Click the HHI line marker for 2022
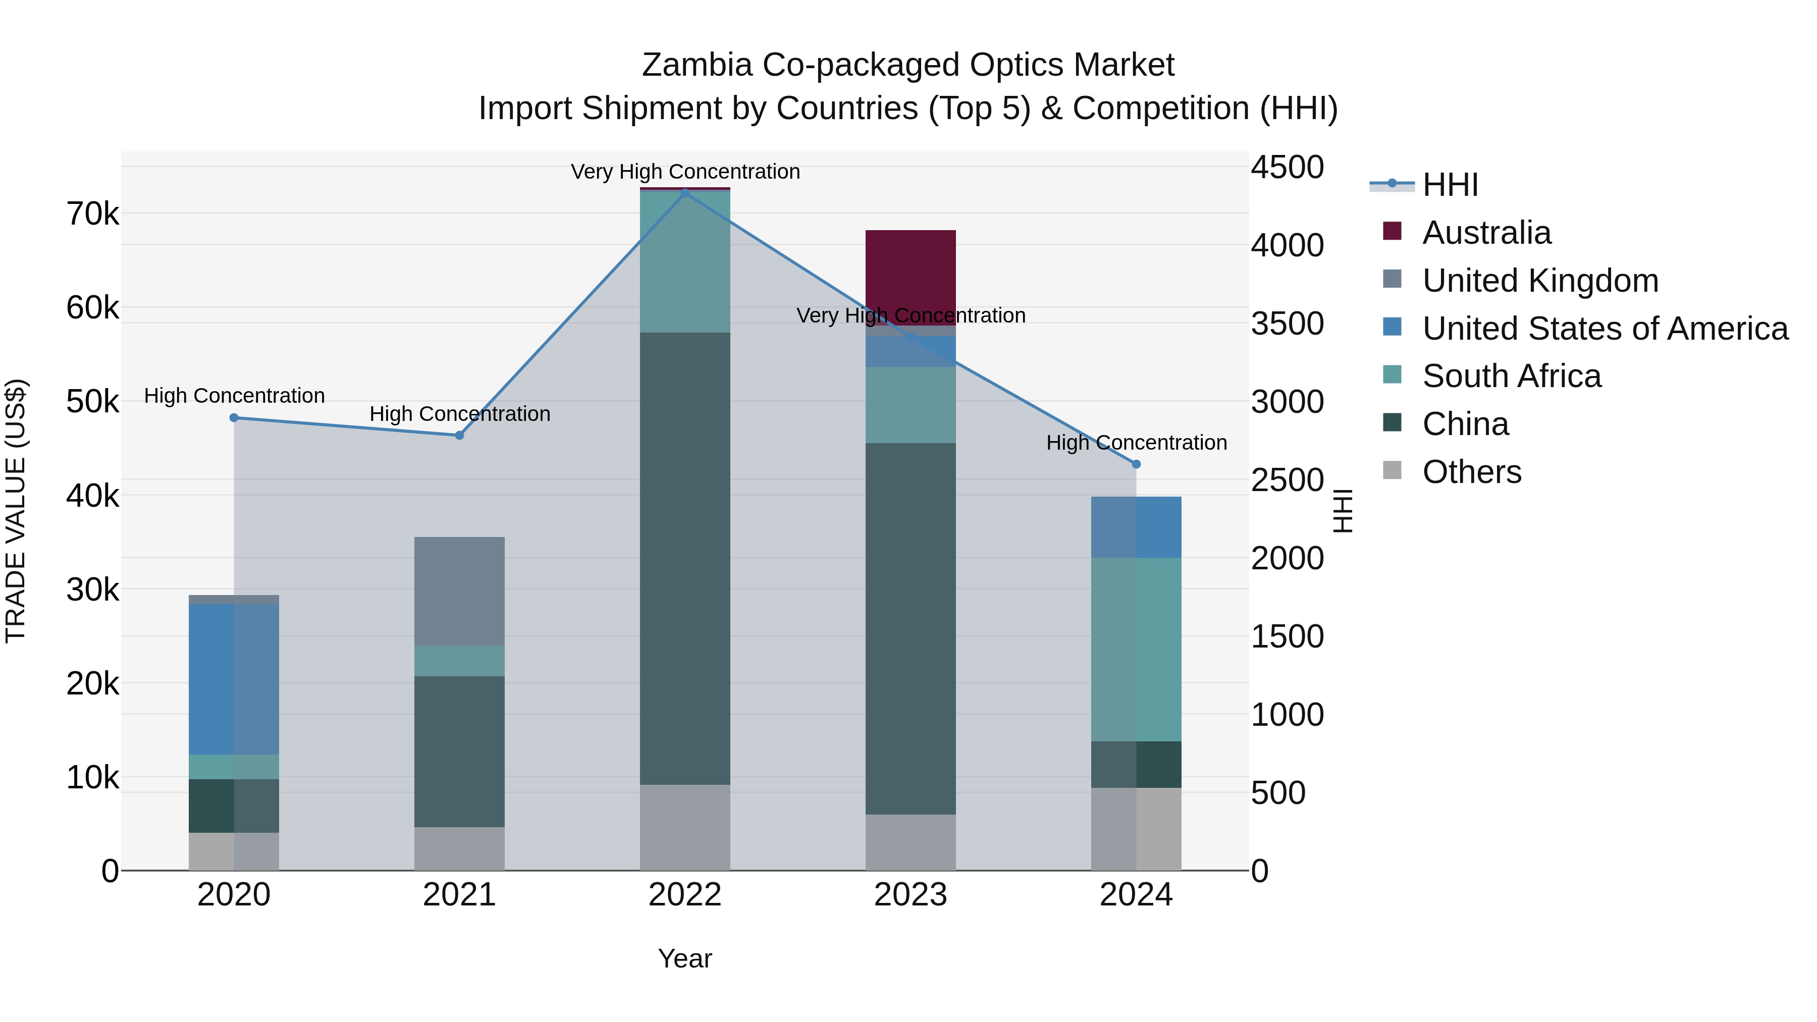(685, 193)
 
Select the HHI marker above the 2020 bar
(234, 417)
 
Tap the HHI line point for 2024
(1136, 464)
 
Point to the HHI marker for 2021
(459, 435)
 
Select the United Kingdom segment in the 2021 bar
(459, 591)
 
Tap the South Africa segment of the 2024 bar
(1136, 649)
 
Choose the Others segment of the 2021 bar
(459, 848)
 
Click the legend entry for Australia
(1486, 233)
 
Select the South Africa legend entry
(1511, 376)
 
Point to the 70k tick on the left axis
(92, 213)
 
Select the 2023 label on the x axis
(910, 895)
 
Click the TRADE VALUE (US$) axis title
(16, 511)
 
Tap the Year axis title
(685, 958)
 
